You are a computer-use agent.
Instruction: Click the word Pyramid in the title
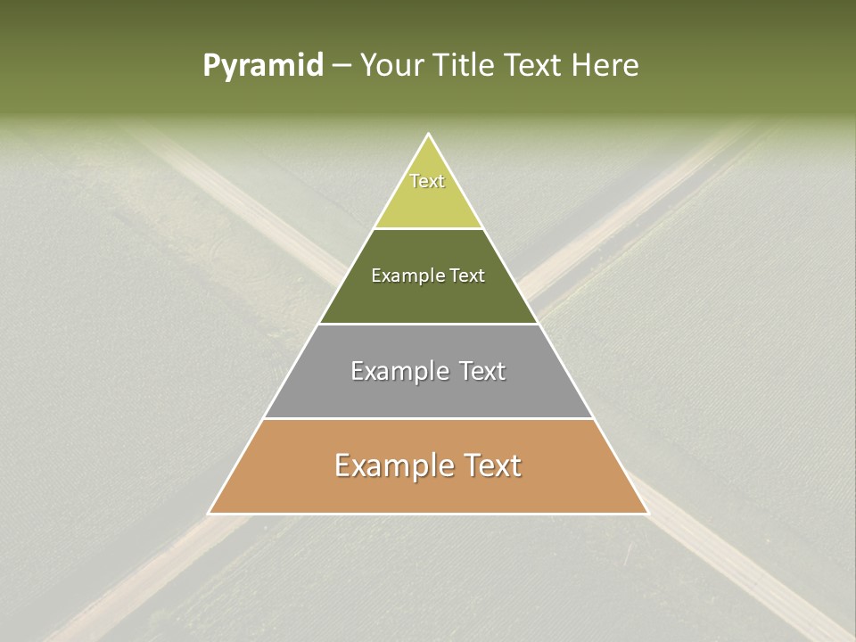pos(263,66)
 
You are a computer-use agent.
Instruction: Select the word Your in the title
pos(390,65)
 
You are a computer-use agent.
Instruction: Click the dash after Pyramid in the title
pos(342,67)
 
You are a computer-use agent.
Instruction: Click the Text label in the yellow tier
pos(427,181)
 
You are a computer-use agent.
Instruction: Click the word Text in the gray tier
pos(483,371)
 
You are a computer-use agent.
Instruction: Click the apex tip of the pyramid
pos(429,135)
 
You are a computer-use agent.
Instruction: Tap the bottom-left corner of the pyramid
pos(210,513)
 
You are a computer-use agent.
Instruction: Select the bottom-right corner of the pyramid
pos(647,513)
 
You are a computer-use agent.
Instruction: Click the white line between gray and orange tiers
pos(428,419)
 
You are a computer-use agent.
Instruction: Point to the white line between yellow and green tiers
pos(428,229)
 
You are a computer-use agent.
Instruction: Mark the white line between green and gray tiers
pos(428,324)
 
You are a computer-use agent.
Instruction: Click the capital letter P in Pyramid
pos(210,65)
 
